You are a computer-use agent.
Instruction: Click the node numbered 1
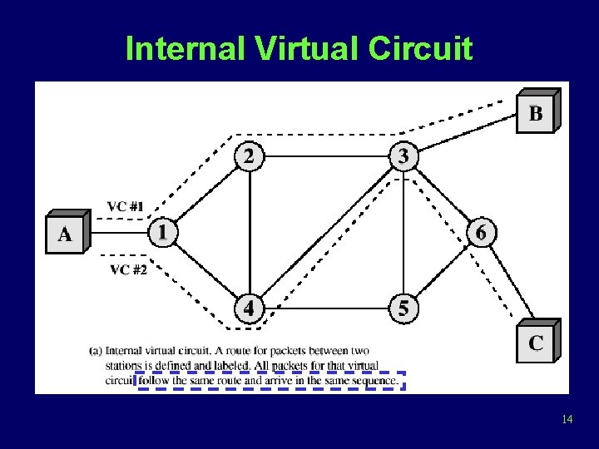tap(162, 231)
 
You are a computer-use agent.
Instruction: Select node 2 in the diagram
tap(249, 155)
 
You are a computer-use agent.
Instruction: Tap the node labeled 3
tap(403, 155)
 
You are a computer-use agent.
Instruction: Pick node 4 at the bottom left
tap(249, 308)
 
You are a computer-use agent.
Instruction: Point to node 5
tap(403, 308)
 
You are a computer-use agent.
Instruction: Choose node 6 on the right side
tap(481, 232)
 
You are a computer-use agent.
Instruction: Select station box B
tap(535, 113)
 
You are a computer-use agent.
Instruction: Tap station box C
tap(535, 343)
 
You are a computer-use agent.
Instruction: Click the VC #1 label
tap(125, 206)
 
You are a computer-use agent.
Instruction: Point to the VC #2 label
tap(127, 269)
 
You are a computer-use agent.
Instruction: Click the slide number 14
tap(567, 419)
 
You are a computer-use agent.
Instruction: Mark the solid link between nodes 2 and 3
tap(326, 155)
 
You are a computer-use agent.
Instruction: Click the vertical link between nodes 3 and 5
tap(403, 233)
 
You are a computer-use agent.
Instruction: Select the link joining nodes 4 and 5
tap(326, 308)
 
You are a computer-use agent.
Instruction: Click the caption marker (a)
tap(96, 351)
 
